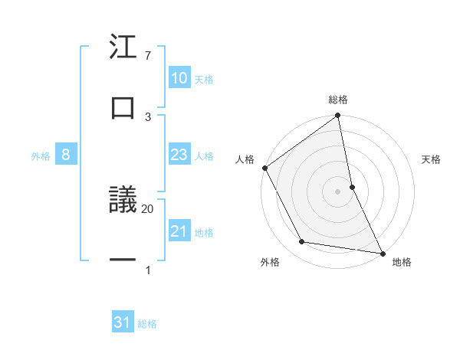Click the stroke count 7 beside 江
tap(148, 56)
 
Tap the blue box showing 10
tap(179, 78)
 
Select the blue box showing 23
tap(179, 155)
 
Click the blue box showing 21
tap(179, 231)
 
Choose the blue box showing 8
tap(66, 155)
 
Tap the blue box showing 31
tap(123, 323)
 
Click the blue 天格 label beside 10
tap(204, 79)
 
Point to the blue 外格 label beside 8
tap(41, 156)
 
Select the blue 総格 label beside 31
tap(147, 324)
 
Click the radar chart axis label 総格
tap(338, 100)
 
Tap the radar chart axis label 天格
tap(432, 159)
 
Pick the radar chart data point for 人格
tap(265, 168)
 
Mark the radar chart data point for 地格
tap(383, 253)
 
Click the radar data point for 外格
tap(302, 242)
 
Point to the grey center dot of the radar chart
tap(338, 191)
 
